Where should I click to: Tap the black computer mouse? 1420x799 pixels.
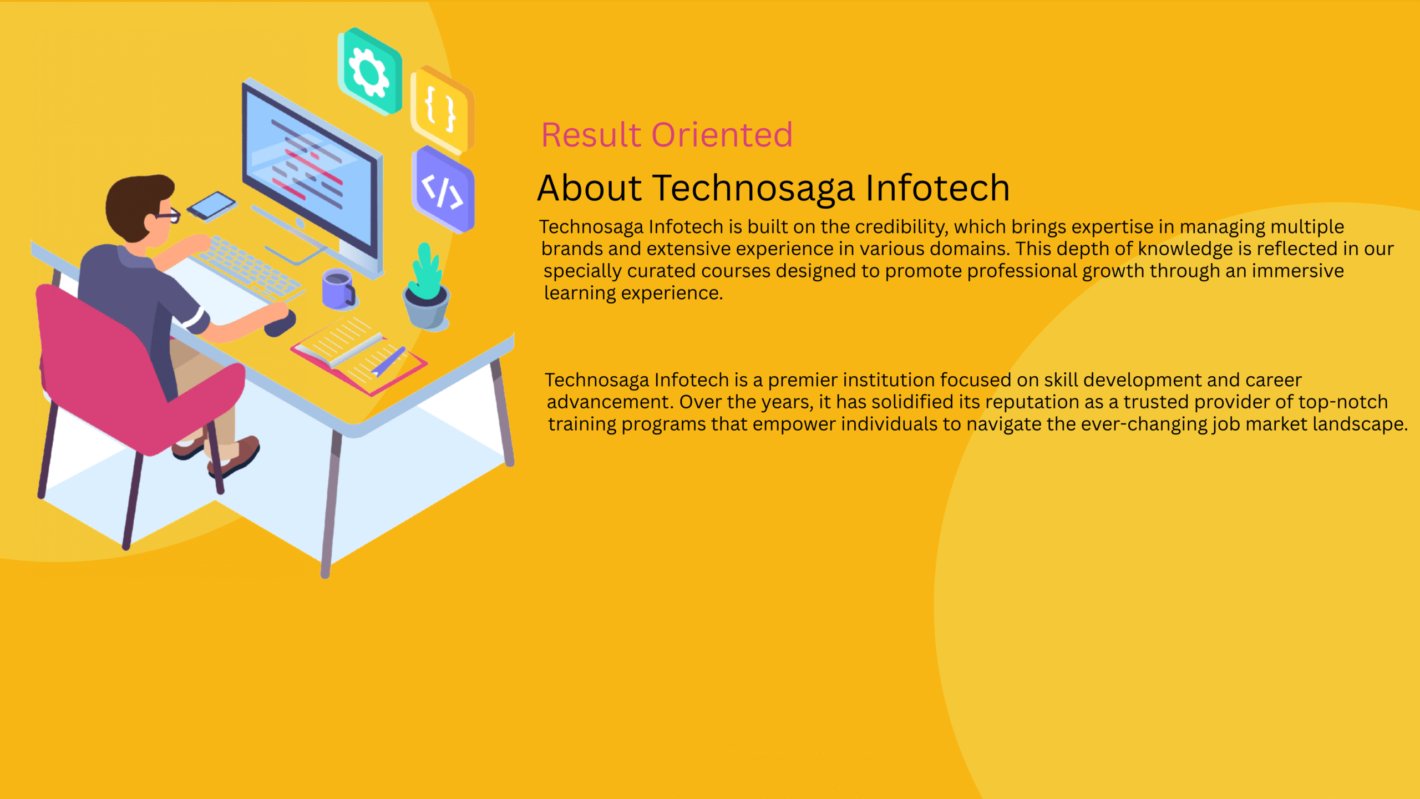coord(280,323)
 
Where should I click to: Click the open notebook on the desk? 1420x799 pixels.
coord(358,355)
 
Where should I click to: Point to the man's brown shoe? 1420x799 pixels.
coord(234,456)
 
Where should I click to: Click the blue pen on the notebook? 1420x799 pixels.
coord(389,361)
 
